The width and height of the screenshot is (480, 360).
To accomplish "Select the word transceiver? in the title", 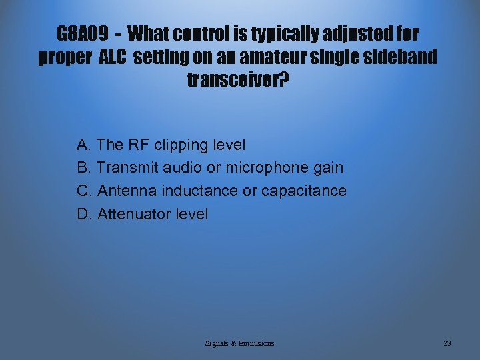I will pyautogui.click(x=239, y=81).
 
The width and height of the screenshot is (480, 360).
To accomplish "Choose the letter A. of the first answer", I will pyautogui.click(x=85, y=145).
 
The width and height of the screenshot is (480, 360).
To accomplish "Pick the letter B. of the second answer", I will pyautogui.click(x=85, y=168).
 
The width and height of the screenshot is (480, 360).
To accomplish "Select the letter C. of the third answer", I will pyautogui.click(x=85, y=191).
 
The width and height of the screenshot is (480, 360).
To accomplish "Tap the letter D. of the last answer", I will pyautogui.click(x=85, y=215).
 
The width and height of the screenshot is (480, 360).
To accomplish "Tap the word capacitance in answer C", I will pyautogui.click(x=304, y=191).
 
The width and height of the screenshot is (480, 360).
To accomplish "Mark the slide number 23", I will pyautogui.click(x=447, y=343).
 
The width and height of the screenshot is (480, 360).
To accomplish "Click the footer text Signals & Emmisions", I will pyautogui.click(x=240, y=343).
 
